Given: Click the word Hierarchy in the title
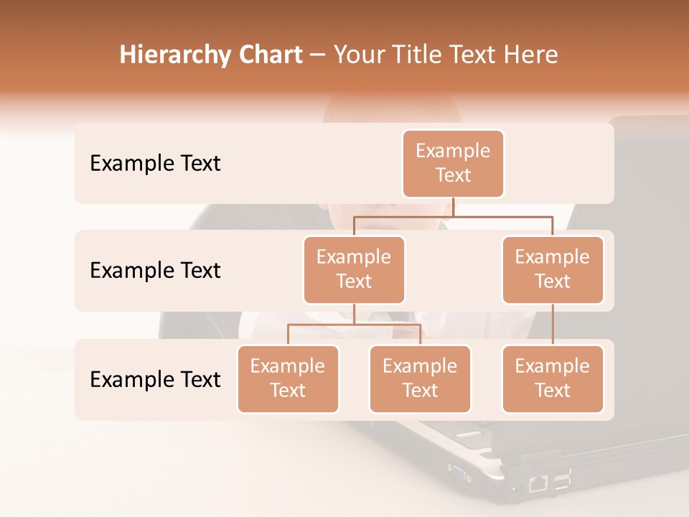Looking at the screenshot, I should point(175,55).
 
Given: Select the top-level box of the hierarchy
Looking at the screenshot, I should point(453,164).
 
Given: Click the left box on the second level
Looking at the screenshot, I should point(354,270).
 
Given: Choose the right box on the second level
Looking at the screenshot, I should point(553,270).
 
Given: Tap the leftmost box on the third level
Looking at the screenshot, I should point(288,379).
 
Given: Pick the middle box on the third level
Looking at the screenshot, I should point(420,379).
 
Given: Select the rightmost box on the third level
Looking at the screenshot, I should point(553,379).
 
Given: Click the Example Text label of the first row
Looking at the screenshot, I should point(155,164).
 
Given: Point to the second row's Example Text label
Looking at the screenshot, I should point(155,271).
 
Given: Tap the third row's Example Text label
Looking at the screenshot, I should point(155,380).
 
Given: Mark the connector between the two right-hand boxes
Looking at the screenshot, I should point(553,325).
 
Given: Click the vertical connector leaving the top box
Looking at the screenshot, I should point(453,207).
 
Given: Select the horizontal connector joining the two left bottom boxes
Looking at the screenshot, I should point(354,325).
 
